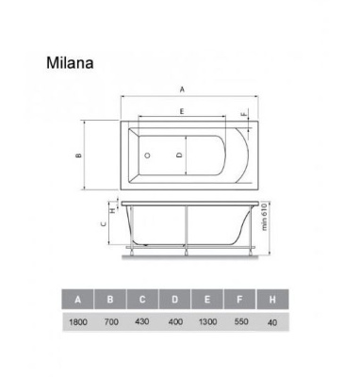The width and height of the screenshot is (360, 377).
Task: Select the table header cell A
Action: pos(78,300)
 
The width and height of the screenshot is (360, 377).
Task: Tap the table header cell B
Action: pos(111,300)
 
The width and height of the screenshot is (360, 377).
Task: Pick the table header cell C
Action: pos(143,300)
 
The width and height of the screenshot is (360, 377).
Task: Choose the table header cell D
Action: pos(175,300)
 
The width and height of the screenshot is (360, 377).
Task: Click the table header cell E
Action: pos(207,300)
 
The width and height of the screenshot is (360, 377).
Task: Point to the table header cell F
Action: pos(240,300)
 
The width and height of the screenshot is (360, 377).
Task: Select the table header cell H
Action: pos(272,300)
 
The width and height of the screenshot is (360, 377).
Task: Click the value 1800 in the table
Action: pos(78,324)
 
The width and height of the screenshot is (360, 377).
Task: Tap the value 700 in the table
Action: pos(111,324)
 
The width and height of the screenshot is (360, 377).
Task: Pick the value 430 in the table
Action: pos(143,324)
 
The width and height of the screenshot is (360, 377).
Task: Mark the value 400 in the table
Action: pos(175,324)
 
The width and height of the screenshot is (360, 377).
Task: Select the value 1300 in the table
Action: pos(207,324)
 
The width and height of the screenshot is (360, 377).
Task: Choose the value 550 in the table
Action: pos(240,324)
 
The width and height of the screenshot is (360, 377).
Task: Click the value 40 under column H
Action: pos(272,324)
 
